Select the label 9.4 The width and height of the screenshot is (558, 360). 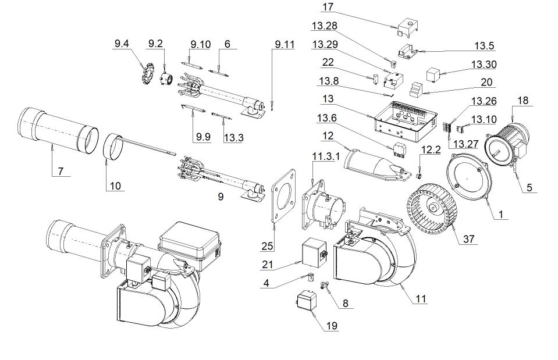pos(122,43)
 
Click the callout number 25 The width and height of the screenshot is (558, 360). pos(267,247)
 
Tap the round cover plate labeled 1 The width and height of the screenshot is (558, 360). pos(467,180)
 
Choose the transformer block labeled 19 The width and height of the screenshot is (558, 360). pos(307,303)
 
